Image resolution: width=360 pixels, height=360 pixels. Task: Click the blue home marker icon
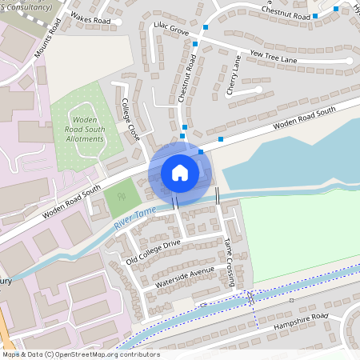click(180, 172)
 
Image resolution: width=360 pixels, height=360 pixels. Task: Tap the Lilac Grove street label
click(170, 30)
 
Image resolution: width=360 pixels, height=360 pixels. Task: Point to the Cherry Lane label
click(234, 74)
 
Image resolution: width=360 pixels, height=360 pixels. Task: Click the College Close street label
click(127, 120)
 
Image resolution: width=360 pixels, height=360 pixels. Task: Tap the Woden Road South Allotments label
click(84, 128)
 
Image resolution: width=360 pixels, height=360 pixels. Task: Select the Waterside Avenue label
click(186, 277)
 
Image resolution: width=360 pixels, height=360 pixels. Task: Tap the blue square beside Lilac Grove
click(206, 28)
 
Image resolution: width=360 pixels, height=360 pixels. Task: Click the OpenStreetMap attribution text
click(80, 354)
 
